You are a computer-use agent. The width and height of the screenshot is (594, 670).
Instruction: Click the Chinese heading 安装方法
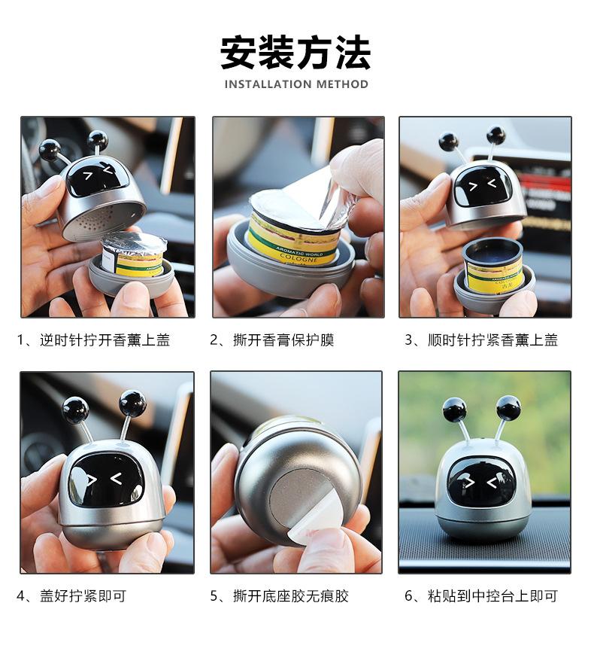coord(295,53)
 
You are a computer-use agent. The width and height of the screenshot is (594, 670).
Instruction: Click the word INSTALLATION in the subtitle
coord(262,84)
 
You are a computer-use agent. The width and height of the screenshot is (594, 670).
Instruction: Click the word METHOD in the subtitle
coord(336,84)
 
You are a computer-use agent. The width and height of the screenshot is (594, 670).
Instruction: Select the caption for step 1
coord(93,340)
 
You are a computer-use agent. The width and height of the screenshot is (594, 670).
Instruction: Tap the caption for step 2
coord(272,340)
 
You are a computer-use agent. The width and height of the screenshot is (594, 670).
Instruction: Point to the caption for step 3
coord(481,340)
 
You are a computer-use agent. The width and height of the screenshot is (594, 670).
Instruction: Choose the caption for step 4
coord(71,595)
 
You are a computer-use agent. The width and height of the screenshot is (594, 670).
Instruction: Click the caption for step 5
coord(279,595)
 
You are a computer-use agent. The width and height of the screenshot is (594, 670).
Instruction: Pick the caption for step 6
coord(481,595)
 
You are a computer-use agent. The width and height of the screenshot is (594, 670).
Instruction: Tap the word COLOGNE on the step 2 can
coord(299,257)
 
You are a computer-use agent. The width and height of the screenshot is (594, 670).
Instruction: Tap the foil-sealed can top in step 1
coord(134,244)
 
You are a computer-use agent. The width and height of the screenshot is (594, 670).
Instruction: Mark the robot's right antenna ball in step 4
coord(133,403)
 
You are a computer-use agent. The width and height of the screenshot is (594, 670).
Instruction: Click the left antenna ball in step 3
coord(448,142)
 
